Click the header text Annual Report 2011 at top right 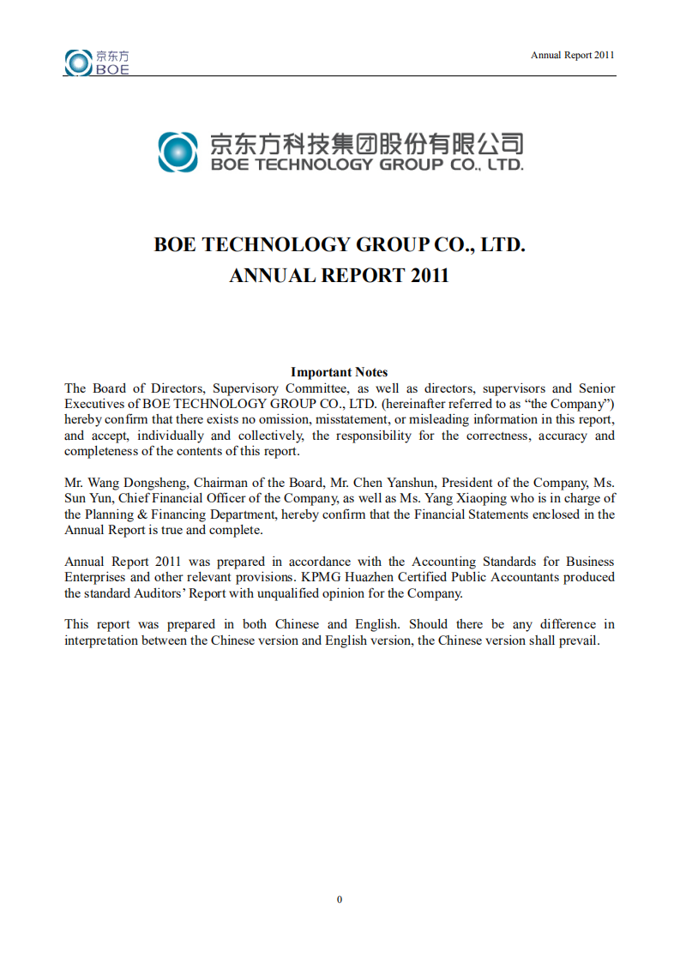click(x=572, y=55)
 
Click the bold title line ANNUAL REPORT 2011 click(x=339, y=276)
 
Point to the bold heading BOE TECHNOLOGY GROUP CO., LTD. click(x=339, y=244)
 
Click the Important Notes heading click(x=339, y=372)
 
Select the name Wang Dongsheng click(x=129, y=483)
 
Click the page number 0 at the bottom click(x=340, y=899)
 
